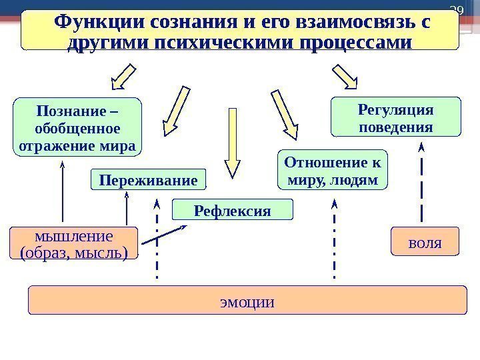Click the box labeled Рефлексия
(x=232, y=211)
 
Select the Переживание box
(x=148, y=179)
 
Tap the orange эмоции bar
(x=247, y=301)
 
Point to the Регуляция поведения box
(x=396, y=118)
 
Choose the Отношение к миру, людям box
(x=331, y=171)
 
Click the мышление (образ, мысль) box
(x=73, y=243)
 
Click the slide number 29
(x=457, y=9)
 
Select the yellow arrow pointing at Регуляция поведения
(x=345, y=76)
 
